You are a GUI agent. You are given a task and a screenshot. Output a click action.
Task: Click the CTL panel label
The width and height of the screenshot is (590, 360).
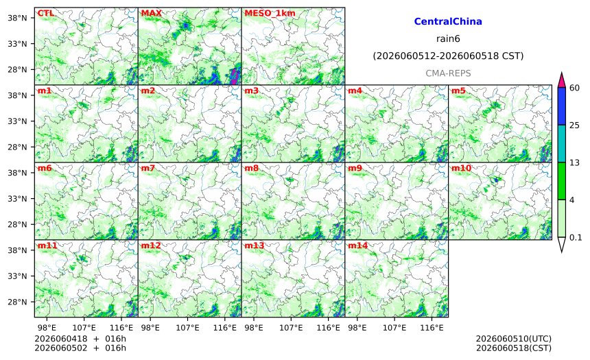coord(45,13)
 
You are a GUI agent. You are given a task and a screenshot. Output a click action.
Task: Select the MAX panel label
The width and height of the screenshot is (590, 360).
coord(151,13)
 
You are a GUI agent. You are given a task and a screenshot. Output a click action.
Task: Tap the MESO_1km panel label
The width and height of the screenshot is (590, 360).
coord(270,13)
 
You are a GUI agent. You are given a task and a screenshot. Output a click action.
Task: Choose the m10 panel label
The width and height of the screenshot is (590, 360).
coord(461,168)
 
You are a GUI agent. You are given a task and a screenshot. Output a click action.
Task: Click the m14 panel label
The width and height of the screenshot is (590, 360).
coord(357,245)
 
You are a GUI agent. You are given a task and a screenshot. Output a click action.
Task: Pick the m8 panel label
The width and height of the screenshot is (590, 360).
coord(251,168)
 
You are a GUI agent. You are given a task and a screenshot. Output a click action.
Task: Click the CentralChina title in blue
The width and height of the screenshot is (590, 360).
coord(448,21)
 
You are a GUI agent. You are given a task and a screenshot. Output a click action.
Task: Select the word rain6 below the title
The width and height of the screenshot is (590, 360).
coord(448,39)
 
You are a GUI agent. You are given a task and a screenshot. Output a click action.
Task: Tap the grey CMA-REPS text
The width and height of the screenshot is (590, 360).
coord(448,73)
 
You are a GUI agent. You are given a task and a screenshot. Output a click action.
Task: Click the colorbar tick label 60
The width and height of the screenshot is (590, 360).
coord(574,88)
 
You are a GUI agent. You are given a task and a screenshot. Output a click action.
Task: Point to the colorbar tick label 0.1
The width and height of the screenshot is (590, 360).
coord(576,237)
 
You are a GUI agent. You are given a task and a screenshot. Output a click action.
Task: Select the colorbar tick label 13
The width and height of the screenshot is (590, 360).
coord(574,163)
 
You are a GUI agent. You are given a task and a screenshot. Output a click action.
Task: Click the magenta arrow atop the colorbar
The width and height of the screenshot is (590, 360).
coord(561,80)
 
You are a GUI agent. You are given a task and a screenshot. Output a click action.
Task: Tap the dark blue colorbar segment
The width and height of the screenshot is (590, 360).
coord(561,106)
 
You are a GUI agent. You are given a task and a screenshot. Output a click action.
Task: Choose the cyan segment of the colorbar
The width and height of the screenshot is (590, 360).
coord(561,144)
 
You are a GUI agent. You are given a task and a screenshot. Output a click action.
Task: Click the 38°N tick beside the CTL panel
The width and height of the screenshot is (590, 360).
coord(17,18)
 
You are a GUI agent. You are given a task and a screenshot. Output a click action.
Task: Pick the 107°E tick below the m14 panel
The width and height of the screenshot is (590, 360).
coord(394,328)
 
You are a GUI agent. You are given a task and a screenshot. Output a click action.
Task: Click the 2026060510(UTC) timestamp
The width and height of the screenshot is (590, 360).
coord(514,339)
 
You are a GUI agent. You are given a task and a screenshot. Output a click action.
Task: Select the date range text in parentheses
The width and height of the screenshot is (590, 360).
coord(448,56)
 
